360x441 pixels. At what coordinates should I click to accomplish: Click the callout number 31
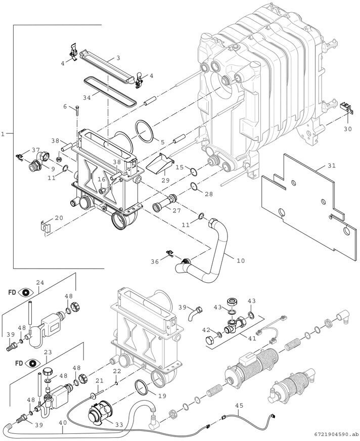pyautogui.click(x=331, y=166)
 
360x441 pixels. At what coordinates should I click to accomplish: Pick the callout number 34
pyautogui.click(x=87, y=97)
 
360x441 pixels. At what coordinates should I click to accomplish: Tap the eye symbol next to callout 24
pyautogui.click(x=27, y=292)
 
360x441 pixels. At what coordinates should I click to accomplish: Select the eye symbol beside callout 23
pyautogui.click(x=27, y=363)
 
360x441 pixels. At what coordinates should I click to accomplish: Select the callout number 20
pyautogui.click(x=59, y=218)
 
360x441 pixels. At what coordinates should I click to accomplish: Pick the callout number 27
pyautogui.click(x=177, y=210)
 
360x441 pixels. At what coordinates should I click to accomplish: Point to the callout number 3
pyautogui.click(x=117, y=58)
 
